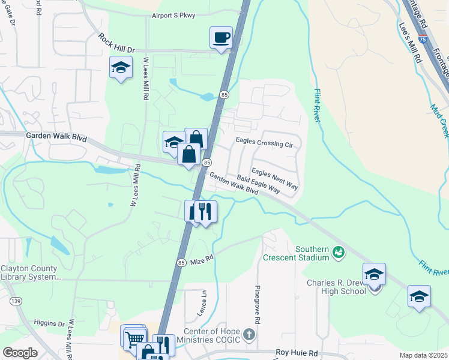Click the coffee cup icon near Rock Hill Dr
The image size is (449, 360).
pos(221,37)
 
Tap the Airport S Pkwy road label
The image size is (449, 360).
pos(173,16)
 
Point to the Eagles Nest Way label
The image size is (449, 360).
pos(275,178)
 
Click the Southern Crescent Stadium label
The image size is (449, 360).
pos(296,253)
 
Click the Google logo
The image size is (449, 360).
pos(20,353)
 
